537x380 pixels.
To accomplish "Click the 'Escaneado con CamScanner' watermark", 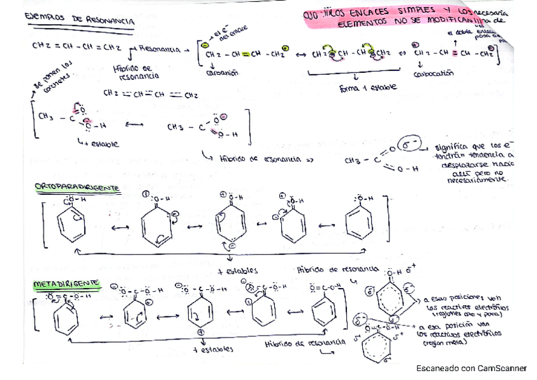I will pos(471,368).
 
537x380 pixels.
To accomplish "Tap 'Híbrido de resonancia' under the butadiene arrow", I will pos(132,70).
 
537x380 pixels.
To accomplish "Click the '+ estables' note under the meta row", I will pos(213,348).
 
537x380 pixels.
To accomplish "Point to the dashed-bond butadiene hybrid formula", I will pos(151,95).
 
